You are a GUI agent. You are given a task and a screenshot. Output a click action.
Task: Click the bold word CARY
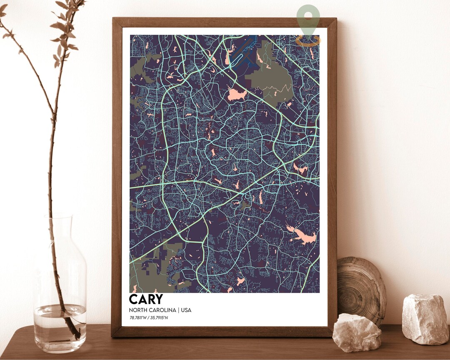tap(146, 299)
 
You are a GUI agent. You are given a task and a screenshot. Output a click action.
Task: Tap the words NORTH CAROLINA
tap(152, 310)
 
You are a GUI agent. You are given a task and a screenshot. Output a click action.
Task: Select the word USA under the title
tap(186, 310)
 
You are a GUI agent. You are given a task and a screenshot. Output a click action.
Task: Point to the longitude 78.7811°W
tap(139, 318)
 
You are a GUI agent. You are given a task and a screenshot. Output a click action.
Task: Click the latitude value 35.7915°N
tap(159, 318)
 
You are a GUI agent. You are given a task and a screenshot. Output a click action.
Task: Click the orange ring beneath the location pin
tap(308, 40)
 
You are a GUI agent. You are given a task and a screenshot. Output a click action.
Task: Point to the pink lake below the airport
tap(236, 95)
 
